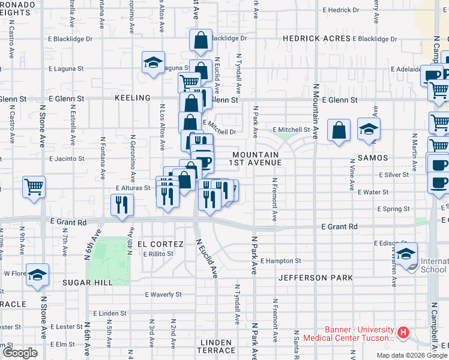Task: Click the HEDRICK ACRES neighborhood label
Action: [x=316, y=38]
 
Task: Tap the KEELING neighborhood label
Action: [x=133, y=98]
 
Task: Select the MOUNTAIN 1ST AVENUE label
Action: [x=256, y=158]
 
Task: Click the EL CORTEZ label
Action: [x=160, y=244]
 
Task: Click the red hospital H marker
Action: [x=403, y=332]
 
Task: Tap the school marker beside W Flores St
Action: [x=37, y=274]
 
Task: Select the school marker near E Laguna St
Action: [x=153, y=62]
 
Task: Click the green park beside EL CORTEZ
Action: [x=109, y=262]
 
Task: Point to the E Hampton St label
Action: [x=280, y=261]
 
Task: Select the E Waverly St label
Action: [x=163, y=295]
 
